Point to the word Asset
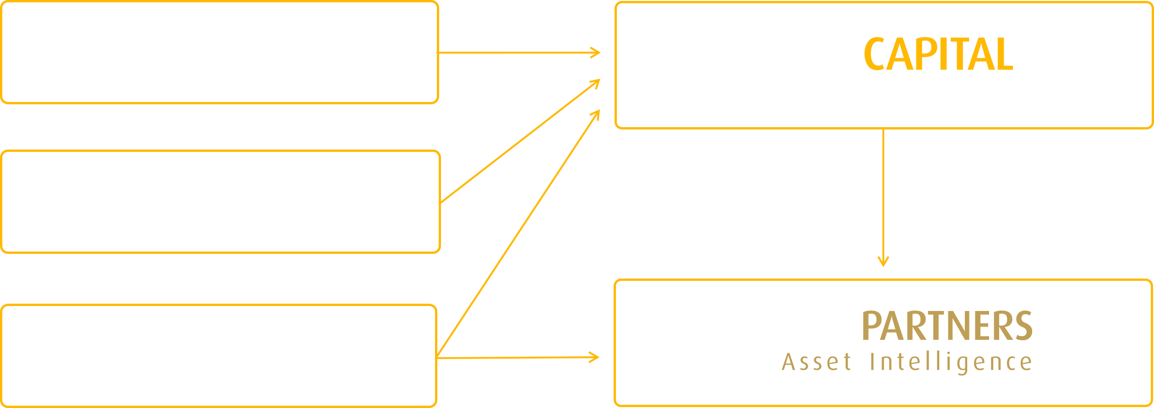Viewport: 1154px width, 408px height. tap(817, 362)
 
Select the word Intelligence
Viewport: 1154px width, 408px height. tap(951, 362)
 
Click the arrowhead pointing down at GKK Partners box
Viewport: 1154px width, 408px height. tap(883, 262)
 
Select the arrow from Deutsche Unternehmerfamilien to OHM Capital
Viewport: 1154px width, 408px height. tap(517, 53)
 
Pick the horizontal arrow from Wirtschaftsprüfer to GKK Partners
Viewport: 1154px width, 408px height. tap(517, 357)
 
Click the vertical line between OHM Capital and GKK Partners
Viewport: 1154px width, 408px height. tap(883, 192)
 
